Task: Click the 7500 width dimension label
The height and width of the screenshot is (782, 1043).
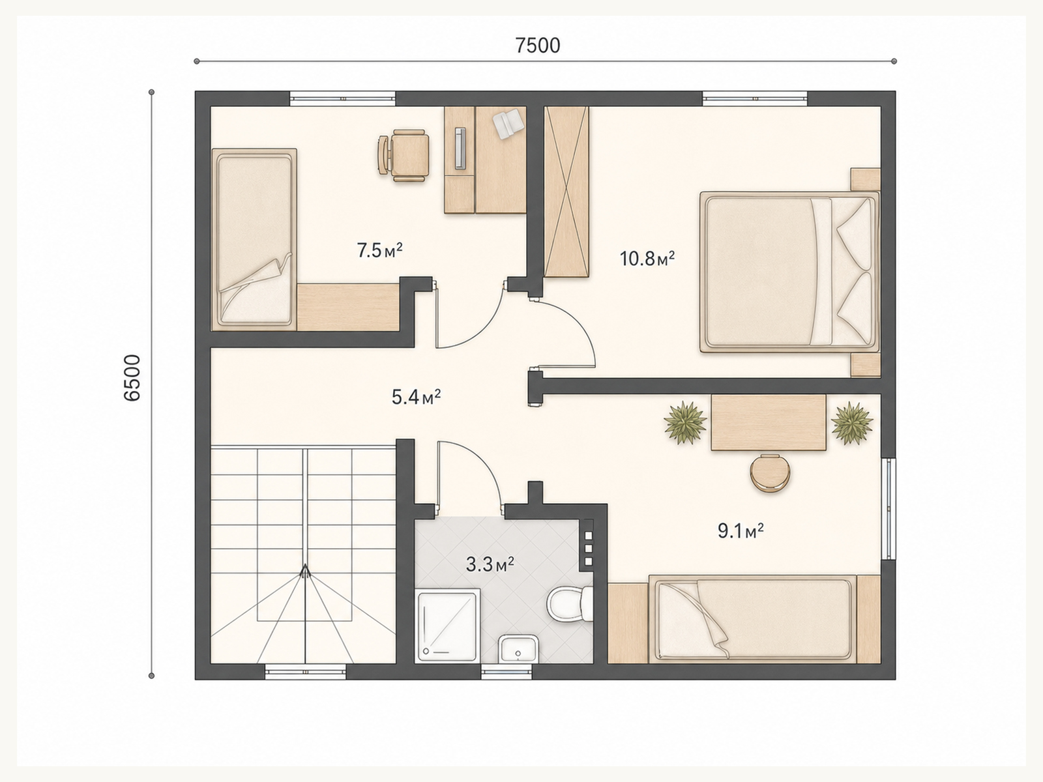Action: point(538,46)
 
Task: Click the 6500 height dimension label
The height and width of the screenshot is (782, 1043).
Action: point(132,378)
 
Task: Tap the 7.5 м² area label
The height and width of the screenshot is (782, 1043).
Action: point(379,250)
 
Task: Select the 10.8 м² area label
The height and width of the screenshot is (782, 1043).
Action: point(647,259)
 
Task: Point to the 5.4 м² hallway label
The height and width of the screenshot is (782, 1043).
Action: point(417,397)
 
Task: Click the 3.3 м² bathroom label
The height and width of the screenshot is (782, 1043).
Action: point(490,564)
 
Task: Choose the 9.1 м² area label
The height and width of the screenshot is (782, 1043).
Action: point(741,531)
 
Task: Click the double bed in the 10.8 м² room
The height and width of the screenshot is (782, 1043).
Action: point(789,272)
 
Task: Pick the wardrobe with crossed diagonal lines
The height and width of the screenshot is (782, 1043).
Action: point(566,192)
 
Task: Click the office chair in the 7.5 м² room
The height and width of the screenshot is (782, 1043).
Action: point(404,155)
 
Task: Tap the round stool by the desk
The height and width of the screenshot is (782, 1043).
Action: point(770,473)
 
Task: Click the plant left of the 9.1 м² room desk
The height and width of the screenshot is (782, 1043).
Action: point(685,422)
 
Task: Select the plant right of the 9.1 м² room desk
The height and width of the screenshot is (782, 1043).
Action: point(852,422)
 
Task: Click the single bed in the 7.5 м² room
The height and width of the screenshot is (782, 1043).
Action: point(254,239)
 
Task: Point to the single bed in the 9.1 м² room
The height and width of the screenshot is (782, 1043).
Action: point(753,618)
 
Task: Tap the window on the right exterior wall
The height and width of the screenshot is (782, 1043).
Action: point(889,508)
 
